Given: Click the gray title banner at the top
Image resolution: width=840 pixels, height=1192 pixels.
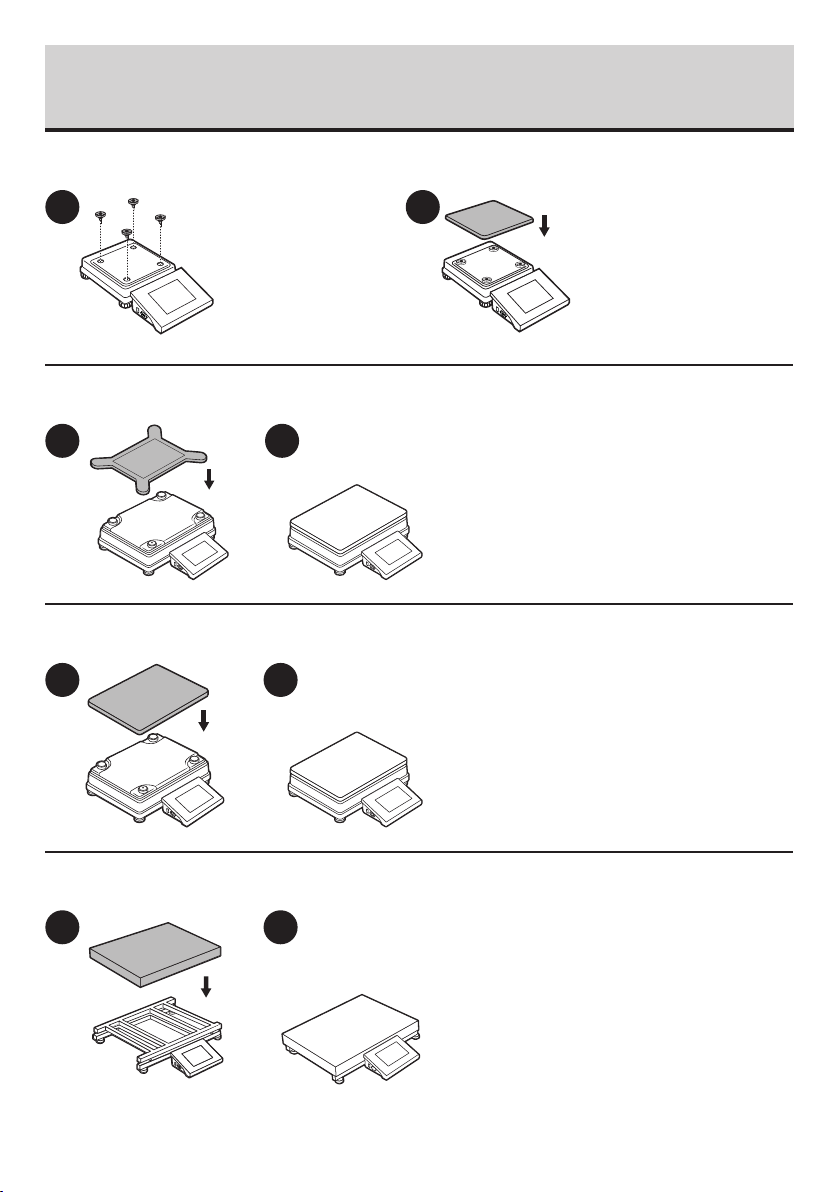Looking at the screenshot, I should pos(420,85).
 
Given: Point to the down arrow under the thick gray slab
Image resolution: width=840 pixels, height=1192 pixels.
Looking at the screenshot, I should pos(205,987).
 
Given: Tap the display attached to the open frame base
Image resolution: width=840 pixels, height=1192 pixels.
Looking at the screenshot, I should pos(201,1055).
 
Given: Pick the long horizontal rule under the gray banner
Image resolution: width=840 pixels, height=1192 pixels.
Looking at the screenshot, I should pos(420,129).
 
